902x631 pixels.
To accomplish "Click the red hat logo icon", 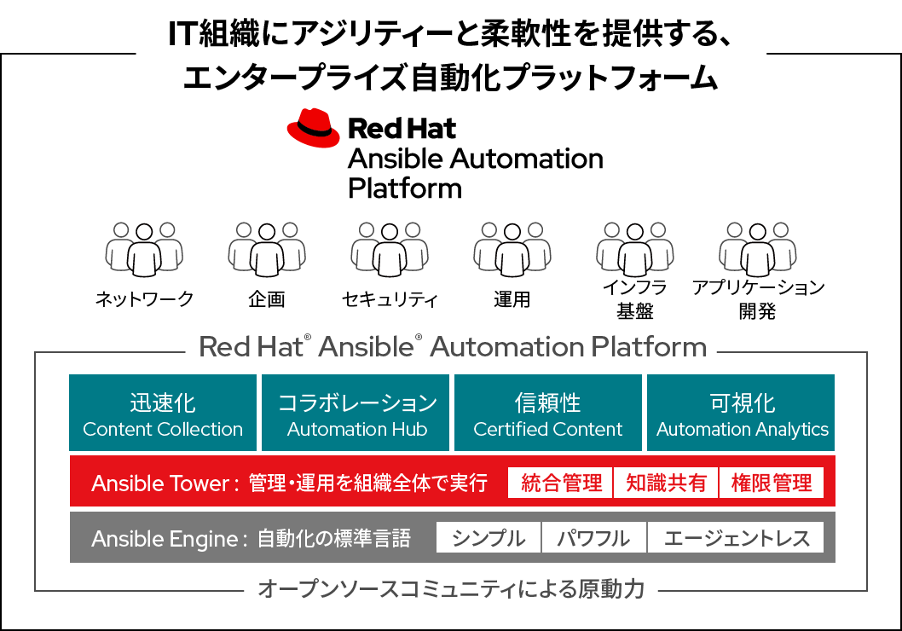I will point(313,130).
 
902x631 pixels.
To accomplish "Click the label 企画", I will point(267,299).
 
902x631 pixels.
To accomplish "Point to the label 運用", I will point(512,299).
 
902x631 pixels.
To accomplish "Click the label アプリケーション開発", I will point(757,298).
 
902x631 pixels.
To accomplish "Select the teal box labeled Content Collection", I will point(163,413).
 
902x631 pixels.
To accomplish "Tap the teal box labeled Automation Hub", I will point(356,413).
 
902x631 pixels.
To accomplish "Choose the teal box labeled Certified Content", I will point(548,413).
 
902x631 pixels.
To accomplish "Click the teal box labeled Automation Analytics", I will point(742,413).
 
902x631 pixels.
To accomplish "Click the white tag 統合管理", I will point(560,483).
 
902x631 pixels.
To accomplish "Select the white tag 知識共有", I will point(666,483).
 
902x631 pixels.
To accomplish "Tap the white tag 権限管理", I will point(772,483).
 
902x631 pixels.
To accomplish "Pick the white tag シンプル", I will point(489,538).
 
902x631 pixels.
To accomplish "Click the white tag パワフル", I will point(593,538).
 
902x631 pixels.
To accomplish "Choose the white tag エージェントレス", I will point(736,538).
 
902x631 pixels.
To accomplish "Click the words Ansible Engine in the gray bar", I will point(165,538).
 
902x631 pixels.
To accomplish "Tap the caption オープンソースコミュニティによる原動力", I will point(450,589).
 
